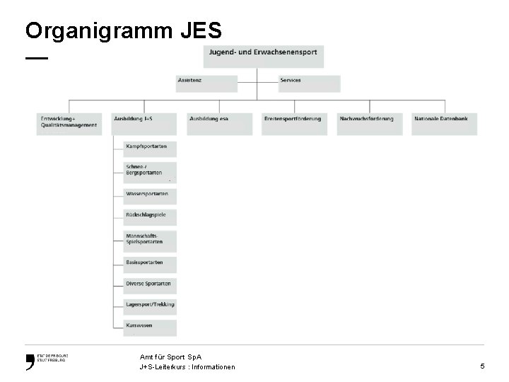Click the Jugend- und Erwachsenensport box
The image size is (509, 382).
click(x=263, y=57)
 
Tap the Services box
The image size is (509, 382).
click(x=309, y=83)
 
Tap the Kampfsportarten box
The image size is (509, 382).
click(x=150, y=149)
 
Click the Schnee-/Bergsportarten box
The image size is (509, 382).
click(x=150, y=172)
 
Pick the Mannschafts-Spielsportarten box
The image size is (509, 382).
click(x=150, y=240)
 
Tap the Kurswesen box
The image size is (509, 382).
click(x=150, y=327)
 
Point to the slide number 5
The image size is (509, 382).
click(x=482, y=366)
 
